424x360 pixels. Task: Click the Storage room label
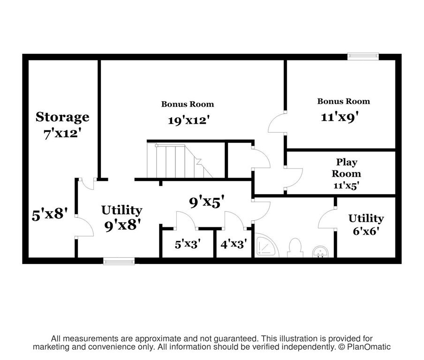[62, 118]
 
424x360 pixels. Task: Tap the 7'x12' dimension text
[62, 134]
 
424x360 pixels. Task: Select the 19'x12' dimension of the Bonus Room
[189, 120]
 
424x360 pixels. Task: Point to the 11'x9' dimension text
[340, 117]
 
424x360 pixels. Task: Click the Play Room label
[347, 168]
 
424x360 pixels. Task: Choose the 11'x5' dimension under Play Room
[346, 186]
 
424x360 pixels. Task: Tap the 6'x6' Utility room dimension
[365, 231]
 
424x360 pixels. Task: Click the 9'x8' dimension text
[122, 225]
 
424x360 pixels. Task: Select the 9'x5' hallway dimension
[207, 202]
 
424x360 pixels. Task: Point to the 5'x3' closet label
[188, 244]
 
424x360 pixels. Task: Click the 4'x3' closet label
[234, 244]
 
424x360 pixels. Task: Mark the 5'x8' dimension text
[50, 215]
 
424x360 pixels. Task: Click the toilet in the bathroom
[295, 247]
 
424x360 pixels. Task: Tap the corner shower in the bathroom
[266, 245]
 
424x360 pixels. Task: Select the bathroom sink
[320, 252]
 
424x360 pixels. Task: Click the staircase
[180, 161]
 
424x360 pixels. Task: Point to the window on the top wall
[363, 56]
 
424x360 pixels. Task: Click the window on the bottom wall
[119, 261]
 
